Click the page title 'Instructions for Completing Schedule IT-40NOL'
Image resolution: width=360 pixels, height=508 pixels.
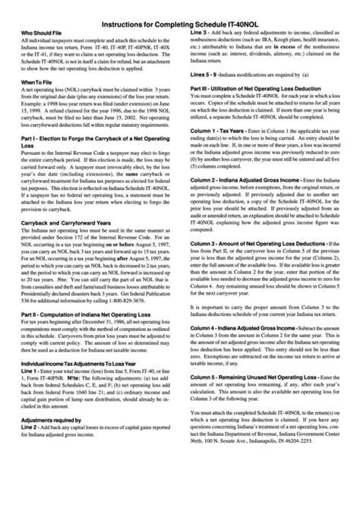pyautogui.click(x=179, y=23)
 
